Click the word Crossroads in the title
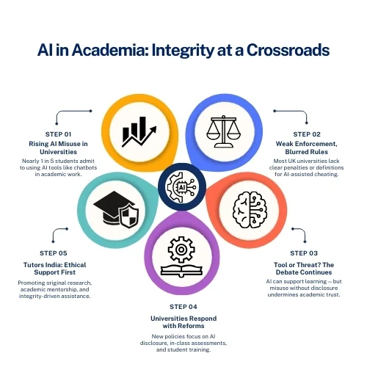click(x=288, y=50)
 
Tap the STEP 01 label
click(x=58, y=134)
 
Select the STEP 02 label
click(x=307, y=134)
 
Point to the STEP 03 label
click(x=304, y=253)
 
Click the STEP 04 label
click(x=183, y=307)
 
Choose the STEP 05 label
click(x=54, y=253)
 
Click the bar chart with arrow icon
click(x=139, y=132)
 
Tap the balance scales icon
click(x=224, y=131)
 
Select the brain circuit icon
click(x=250, y=210)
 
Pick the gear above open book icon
click(x=181, y=257)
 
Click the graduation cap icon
click(x=116, y=209)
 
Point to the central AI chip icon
click(x=182, y=187)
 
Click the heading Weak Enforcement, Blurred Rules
click(x=307, y=148)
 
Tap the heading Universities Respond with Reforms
click(x=183, y=322)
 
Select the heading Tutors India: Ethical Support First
click(x=54, y=269)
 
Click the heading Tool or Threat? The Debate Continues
click(x=304, y=269)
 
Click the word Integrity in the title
click(x=183, y=51)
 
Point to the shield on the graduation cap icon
click(x=128, y=216)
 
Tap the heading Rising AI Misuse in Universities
click(x=58, y=148)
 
